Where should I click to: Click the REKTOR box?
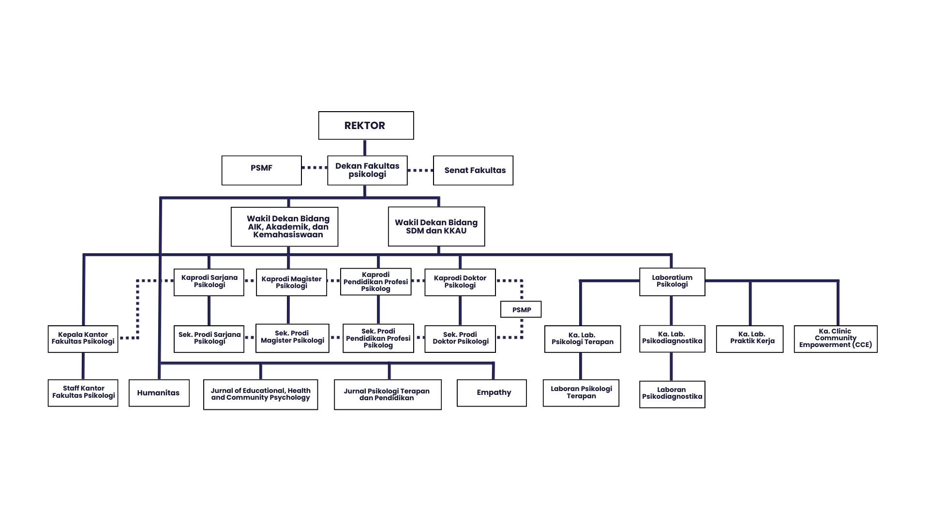[x=366, y=126]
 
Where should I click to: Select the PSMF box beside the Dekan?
[x=261, y=170]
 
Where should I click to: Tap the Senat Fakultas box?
[x=473, y=170]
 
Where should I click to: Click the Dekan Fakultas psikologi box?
[x=367, y=170]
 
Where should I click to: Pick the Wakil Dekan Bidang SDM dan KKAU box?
[x=436, y=227]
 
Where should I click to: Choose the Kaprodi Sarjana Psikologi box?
[x=209, y=282]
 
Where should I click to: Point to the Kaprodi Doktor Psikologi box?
[x=460, y=282]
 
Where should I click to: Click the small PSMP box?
[x=521, y=309]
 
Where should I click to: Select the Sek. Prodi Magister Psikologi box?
[x=292, y=338]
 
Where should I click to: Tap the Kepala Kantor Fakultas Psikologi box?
[x=83, y=339]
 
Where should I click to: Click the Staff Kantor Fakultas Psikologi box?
[x=83, y=392]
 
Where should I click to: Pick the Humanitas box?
[x=159, y=392]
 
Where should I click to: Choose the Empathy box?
[x=492, y=392]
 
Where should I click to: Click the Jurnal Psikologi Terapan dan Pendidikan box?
[x=387, y=394]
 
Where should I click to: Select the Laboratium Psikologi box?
[x=672, y=282]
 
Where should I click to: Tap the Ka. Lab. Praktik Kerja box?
[x=749, y=339]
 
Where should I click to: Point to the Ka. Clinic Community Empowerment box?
[x=835, y=339]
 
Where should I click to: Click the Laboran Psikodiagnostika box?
[x=672, y=394]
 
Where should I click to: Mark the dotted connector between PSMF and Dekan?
[x=315, y=168]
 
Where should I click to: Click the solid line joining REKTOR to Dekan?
[x=365, y=147]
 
